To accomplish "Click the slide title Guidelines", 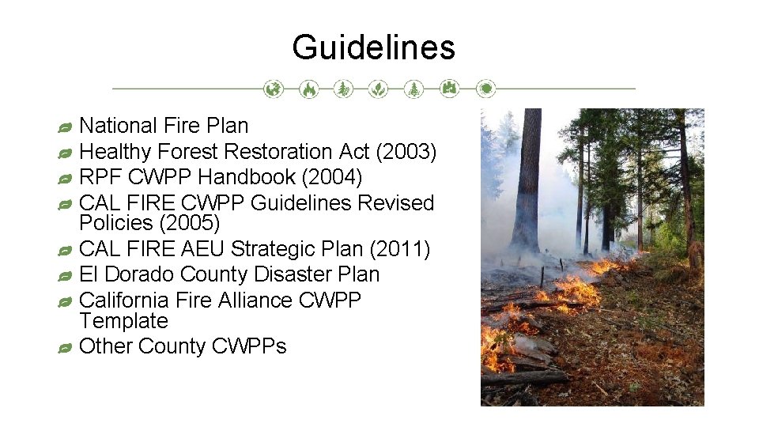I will coord(373,47).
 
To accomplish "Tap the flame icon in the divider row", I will coord(308,89).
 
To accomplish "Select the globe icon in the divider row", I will coord(273,89).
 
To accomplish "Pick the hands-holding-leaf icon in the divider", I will coord(379,89).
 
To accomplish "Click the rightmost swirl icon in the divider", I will coord(486,89).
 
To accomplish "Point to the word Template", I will coord(123,321).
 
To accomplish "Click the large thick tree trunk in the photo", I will coord(526,182).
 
